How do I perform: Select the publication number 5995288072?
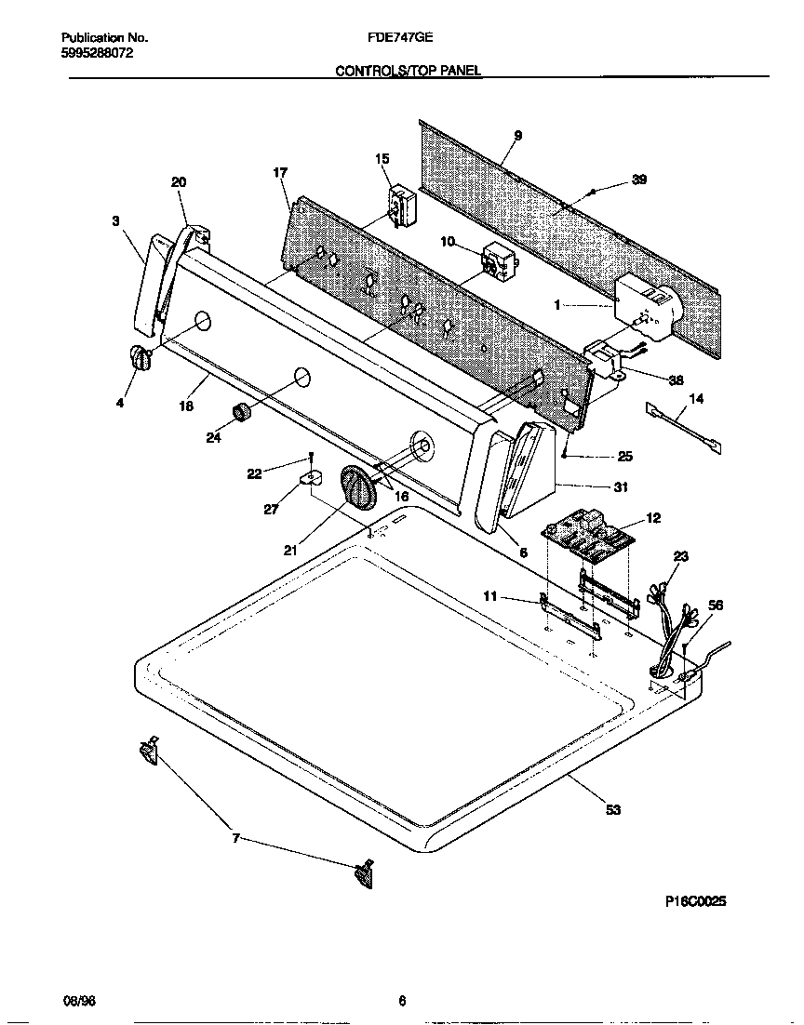coord(97,54)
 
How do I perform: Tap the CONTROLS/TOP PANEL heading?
coord(409,71)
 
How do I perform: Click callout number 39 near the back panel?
coord(638,180)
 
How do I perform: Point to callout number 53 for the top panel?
coord(612,810)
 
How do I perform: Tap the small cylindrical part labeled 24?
coord(242,412)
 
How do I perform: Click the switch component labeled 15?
coord(402,206)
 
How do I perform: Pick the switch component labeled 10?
coord(497,263)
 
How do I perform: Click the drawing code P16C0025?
coord(695,901)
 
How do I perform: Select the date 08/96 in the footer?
coord(79,1001)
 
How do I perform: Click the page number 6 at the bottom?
coord(402,1001)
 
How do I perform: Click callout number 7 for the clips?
coord(235,838)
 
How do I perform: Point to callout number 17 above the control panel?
coord(279,173)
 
